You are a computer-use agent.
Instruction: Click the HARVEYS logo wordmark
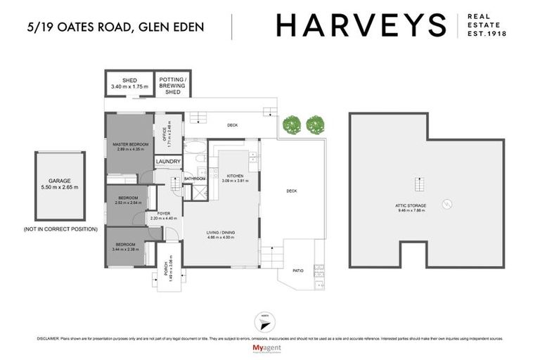[361, 25]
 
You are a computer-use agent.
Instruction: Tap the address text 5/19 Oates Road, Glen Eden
[115, 27]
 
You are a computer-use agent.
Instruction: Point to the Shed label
[129, 80]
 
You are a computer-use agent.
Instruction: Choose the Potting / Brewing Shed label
[173, 85]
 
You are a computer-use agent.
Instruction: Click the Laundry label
[169, 162]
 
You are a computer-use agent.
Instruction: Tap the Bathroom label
[194, 179]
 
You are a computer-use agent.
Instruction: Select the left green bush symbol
[291, 126]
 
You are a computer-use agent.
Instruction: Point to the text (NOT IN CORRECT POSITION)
[59, 229]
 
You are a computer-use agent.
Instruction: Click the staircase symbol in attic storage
[420, 185]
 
